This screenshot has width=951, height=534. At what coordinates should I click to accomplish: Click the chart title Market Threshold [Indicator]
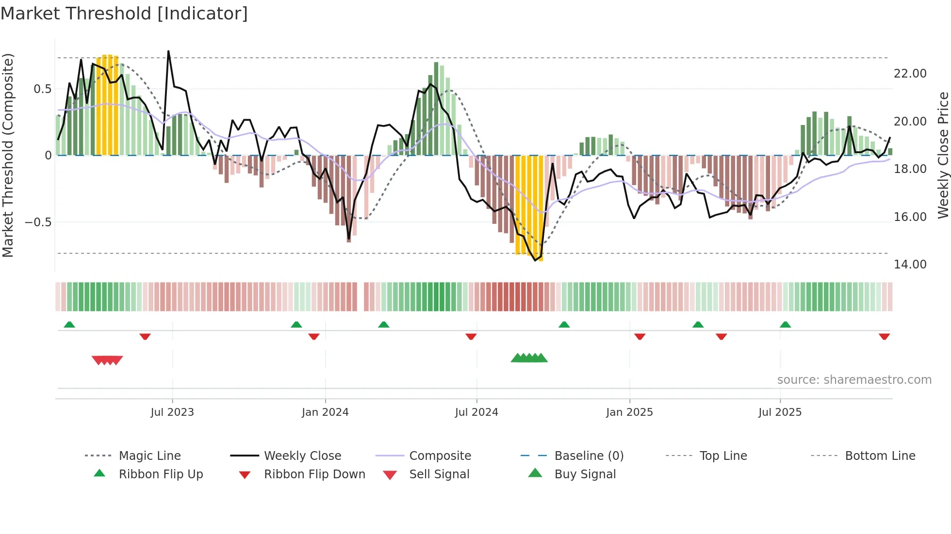coord(124,14)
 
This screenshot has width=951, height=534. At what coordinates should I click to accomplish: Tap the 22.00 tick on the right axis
coord(910,74)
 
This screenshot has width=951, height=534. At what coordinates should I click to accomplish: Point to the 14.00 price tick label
coord(910,265)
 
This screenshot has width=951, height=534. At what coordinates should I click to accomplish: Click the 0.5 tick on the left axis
coord(42,89)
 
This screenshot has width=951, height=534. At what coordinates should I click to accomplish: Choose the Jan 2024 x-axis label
coord(325,412)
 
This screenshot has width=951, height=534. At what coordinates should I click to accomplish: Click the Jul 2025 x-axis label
coord(780,412)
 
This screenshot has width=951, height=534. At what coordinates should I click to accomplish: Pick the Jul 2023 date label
coord(172,412)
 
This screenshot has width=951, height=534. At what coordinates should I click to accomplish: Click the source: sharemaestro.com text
coord(854,380)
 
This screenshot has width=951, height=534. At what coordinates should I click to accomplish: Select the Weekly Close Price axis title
coord(943,155)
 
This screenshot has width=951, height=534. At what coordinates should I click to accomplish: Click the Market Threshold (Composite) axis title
coord(8,155)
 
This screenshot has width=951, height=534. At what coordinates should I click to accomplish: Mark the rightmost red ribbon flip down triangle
coord(884,336)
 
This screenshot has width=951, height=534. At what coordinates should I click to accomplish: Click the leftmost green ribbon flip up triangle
coord(69,325)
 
